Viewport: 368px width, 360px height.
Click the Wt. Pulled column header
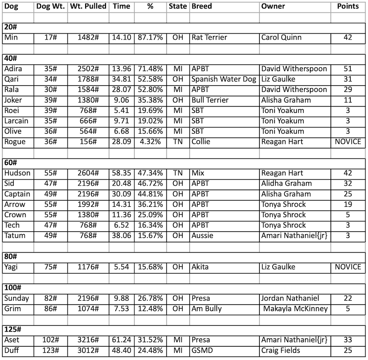(89, 7)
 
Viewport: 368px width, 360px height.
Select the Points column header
(348, 7)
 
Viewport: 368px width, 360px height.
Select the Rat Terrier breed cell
(209, 37)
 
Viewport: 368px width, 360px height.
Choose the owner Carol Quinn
(282, 37)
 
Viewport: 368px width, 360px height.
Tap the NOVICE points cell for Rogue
(348, 142)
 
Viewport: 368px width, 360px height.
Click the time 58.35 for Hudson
(121, 173)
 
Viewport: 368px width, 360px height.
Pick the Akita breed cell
(200, 267)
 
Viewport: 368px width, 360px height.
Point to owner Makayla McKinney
(295, 309)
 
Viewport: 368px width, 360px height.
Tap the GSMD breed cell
(202, 350)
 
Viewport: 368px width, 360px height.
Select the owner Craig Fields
(281, 350)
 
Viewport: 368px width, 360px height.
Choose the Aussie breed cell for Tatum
(202, 236)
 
